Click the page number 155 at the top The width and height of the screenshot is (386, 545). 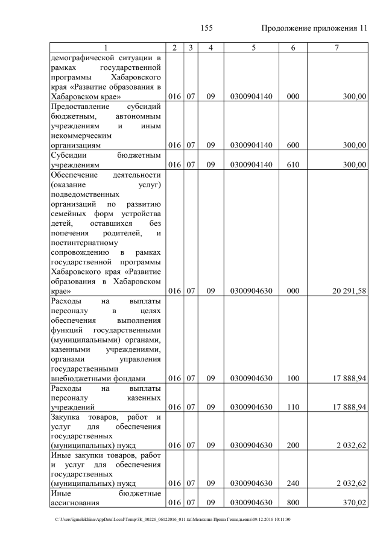tap(207, 28)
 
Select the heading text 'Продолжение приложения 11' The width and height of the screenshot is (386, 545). tap(314, 28)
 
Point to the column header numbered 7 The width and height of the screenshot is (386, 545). tap(336, 48)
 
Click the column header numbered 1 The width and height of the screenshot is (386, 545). tap(106, 48)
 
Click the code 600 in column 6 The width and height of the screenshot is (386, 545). tap(293, 145)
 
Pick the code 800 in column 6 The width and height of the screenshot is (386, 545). tap(293, 502)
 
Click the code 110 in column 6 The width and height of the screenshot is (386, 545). tap(293, 407)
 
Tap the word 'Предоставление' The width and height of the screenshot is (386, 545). tap(80, 106)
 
